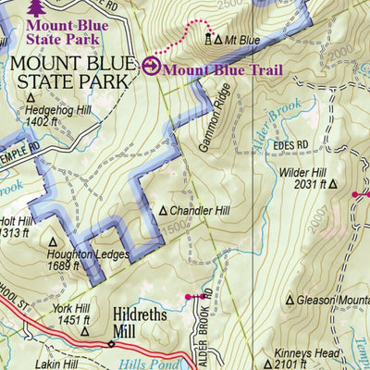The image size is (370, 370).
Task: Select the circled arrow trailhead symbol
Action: [152, 66]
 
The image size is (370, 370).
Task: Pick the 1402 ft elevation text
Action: [68, 120]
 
